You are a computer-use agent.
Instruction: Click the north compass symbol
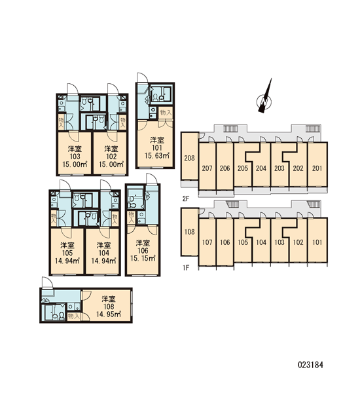point(264,99)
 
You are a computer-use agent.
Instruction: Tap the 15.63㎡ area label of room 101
point(157,156)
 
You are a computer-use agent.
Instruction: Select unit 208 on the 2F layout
point(189,158)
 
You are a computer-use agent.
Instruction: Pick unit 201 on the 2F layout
point(317,168)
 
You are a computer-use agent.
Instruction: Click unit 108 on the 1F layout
point(189,232)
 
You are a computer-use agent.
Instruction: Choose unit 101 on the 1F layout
point(317,242)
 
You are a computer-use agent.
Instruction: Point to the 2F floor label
point(186,199)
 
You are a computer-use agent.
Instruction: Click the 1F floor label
point(186,268)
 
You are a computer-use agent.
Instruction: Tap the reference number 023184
point(310,365)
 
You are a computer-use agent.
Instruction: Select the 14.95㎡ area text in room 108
point(109,314)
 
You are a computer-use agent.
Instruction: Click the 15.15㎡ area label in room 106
point(143,258)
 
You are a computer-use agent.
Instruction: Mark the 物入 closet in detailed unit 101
point(166,113)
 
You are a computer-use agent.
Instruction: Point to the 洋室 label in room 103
point(75,149)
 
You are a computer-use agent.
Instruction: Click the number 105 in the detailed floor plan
point(67,253)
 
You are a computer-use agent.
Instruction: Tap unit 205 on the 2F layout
point(242,168)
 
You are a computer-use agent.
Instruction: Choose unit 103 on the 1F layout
point(279,242)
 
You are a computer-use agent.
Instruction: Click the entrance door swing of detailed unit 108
point(47,283)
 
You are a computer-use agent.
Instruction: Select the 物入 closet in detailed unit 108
point(74,316)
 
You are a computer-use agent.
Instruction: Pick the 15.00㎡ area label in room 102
point(111,164)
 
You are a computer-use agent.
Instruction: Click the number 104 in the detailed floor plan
point(103,253)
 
